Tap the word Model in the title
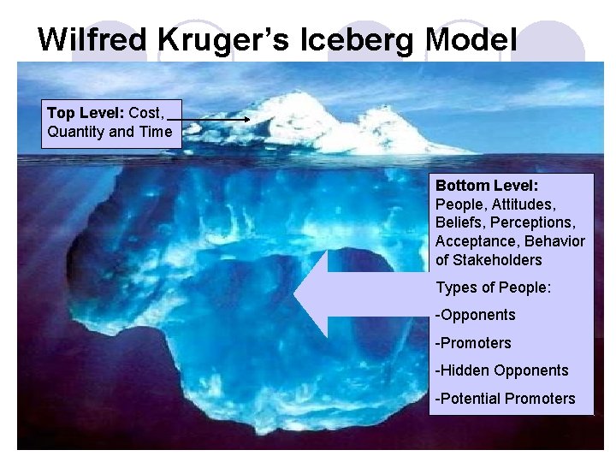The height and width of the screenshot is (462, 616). [471, 38]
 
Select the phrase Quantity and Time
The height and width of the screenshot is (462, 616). [110, 132]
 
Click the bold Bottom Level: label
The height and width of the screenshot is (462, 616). [487, 186]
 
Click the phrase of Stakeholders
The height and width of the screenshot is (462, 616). [489, 260]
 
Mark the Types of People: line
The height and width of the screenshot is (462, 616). [493, 287]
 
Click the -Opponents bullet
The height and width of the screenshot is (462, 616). [476, 315]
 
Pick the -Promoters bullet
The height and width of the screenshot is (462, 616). [473, 343]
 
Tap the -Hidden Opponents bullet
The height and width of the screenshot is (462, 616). [501, 370]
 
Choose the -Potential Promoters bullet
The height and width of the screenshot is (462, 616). [505, 399]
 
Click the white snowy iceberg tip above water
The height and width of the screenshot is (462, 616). [325, 124]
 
